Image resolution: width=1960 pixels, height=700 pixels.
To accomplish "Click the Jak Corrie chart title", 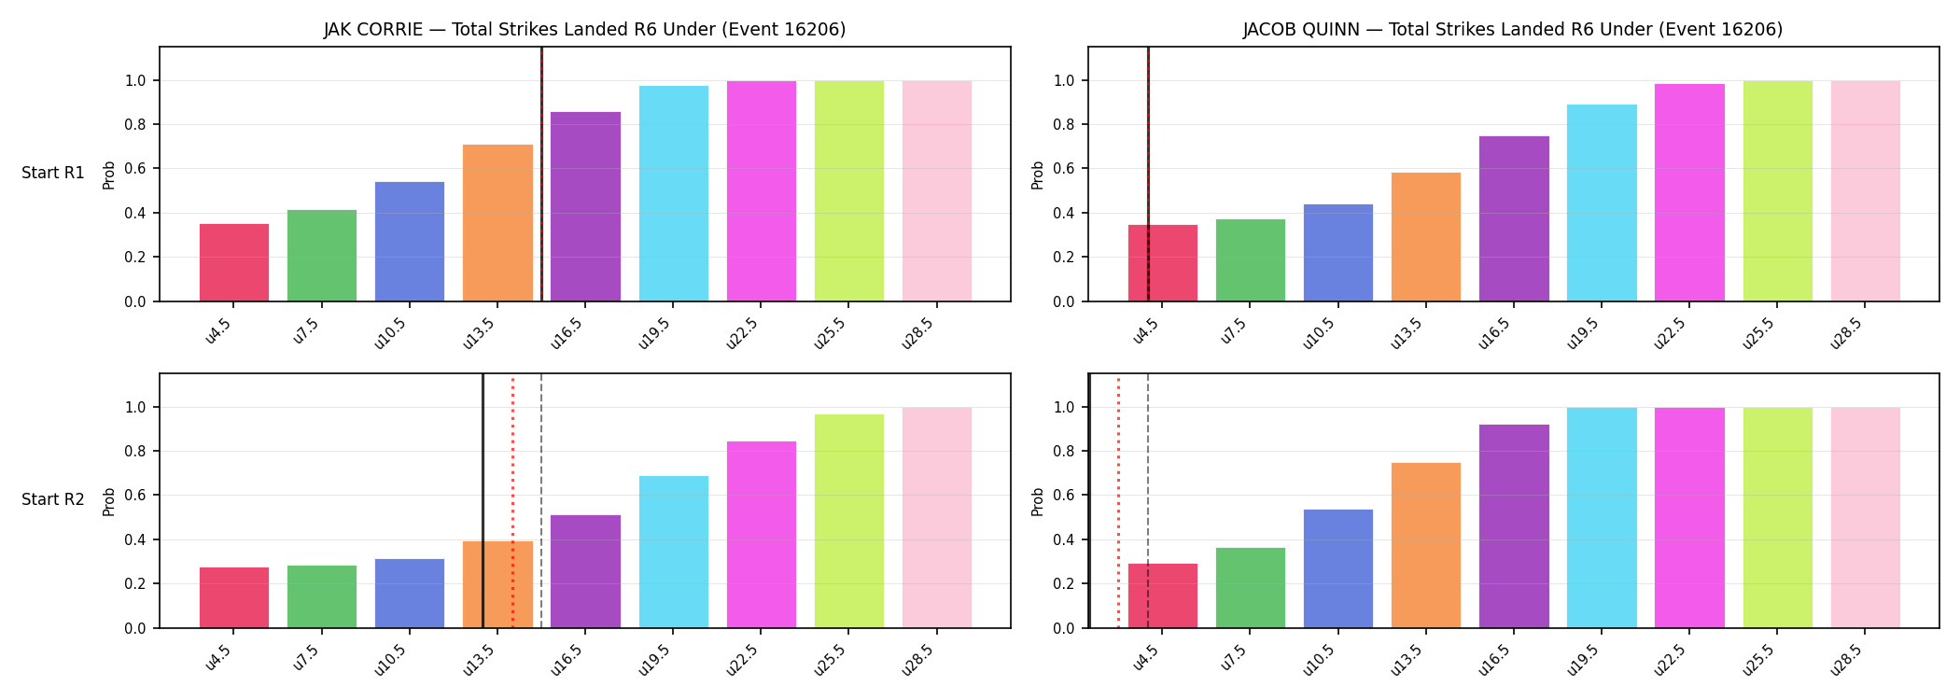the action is (584, 30).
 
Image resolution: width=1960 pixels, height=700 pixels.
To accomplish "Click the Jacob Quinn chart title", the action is (1512, 30).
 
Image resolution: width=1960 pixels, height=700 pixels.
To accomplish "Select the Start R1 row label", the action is (53, 174).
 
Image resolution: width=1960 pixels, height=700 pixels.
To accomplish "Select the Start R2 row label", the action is (53, 500).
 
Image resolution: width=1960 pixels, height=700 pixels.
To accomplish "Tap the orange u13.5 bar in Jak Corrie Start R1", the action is (497, 223).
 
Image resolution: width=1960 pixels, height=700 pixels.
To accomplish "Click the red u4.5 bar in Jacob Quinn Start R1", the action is (1163, 263).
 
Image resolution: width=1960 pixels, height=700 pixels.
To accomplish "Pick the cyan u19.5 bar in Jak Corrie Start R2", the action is (674, 552).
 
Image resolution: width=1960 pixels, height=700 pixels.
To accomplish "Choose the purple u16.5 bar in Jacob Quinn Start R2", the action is (1514, 526).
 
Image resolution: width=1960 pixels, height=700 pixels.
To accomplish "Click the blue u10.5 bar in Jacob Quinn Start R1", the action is (1338, 253).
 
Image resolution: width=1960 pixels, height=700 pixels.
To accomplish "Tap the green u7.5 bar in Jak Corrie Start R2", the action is (322, 596).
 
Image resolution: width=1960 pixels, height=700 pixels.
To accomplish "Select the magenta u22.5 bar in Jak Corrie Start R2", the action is (762, 535).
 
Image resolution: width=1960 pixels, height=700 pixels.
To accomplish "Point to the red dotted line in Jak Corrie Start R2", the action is (512, 501).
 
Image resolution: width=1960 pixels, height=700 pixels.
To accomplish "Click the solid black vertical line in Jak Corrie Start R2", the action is (483, 501).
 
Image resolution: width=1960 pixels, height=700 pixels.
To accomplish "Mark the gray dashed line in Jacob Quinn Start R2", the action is (1148, 501).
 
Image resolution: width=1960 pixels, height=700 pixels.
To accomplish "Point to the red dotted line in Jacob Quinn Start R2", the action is (1118, 501).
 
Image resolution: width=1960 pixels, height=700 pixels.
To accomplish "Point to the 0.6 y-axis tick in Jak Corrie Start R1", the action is (135, 169).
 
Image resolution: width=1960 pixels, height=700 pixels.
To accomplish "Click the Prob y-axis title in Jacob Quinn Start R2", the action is (1038, 501).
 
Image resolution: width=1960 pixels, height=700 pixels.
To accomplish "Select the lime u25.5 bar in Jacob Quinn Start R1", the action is (1778, 191).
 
